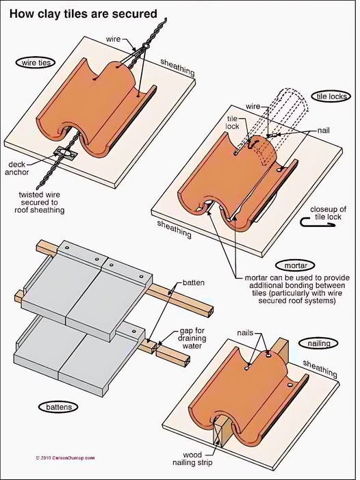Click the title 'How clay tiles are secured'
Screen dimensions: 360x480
tap(83, 14)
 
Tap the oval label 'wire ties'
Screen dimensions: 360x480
tap(36, 62)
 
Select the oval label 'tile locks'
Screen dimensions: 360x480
tap(331, 96)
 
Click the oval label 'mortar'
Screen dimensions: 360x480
tap(296, 265)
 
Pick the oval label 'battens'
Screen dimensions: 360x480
tap(58, 407)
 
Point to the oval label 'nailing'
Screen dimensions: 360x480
tap(319, 343)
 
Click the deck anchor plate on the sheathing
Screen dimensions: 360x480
tap(65, 153)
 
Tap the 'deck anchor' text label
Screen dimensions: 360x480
tap(17, 168)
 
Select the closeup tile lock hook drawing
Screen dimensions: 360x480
tap(318, 222)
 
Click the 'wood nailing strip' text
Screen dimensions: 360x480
tap(192, 458)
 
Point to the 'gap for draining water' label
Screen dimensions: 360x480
tap(192, 338)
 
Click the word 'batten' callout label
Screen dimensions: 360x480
tap(193, 282)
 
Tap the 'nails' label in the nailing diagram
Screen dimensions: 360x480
tap(245, 332)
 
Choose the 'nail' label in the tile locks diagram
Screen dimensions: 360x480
tap(324, 131)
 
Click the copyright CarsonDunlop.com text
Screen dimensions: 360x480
tap(65, 458)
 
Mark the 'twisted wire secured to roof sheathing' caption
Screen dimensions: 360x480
tap(39, 202)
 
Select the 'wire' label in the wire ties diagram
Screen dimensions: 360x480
tap(113, 39)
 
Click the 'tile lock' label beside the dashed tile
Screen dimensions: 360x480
tap(232, 122)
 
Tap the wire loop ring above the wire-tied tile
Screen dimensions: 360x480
tap(145, 46)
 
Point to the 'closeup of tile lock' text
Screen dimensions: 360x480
tap(328, 213)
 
